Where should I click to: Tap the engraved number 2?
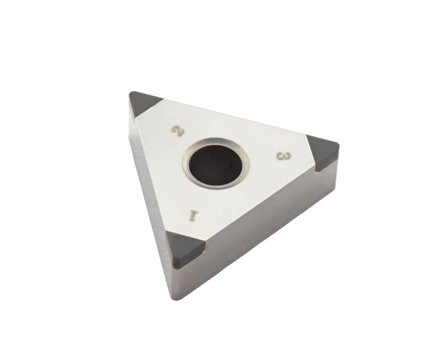point(178,131)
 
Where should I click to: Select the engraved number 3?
point(284,156)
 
